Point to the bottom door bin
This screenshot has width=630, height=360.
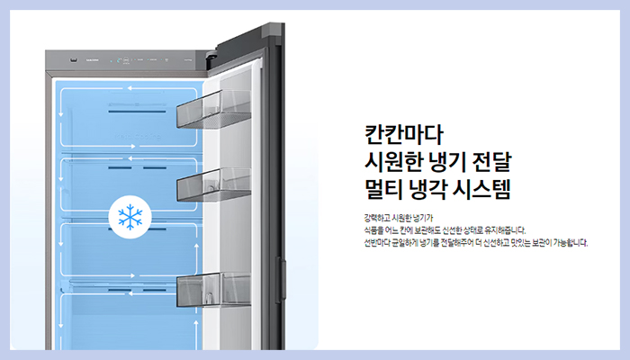click(x=214, y=289)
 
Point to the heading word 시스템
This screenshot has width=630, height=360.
click(x=490, y=189)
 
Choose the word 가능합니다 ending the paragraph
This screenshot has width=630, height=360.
click(x=570, y=241)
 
